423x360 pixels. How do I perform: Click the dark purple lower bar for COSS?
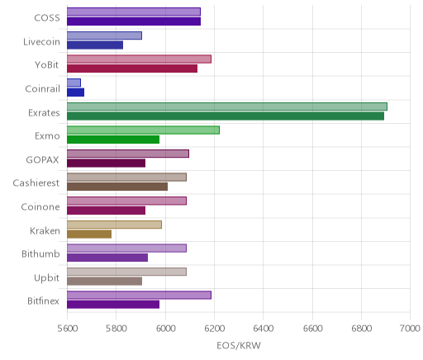coord(134,21)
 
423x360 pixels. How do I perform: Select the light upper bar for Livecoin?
coord(105,36)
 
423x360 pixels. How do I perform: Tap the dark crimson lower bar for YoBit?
coord(132,69)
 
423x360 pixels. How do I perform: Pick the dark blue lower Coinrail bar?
coord(76,92)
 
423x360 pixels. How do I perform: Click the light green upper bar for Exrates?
coord(227,107)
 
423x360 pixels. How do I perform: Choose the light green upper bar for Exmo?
coord(144,130)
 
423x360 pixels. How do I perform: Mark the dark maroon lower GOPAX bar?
coord(107,163)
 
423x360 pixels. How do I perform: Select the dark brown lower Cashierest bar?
coord(117,187)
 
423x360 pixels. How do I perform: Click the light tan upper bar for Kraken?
coord(115,225)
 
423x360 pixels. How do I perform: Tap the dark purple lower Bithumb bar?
coord(107,258)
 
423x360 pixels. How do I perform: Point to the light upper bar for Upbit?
coord(127,272)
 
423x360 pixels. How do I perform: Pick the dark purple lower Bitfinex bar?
coord(113,305)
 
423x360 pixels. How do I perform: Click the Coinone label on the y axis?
coord(40,206)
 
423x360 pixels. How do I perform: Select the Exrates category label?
coord(44,112)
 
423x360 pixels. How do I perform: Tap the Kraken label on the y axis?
coord(45,230)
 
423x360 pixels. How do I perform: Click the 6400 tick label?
coord(264,328)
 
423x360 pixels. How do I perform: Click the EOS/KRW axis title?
coord(239,345)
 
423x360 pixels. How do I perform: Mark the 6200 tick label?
coord(214,328)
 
